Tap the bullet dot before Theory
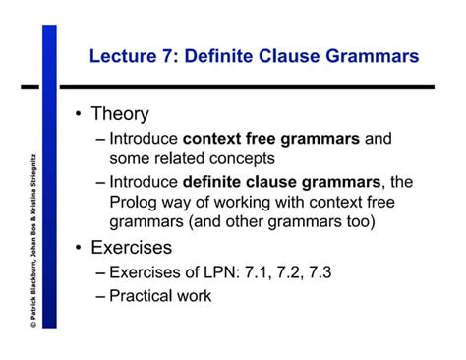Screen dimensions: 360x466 78,116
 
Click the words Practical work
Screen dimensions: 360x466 160,294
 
